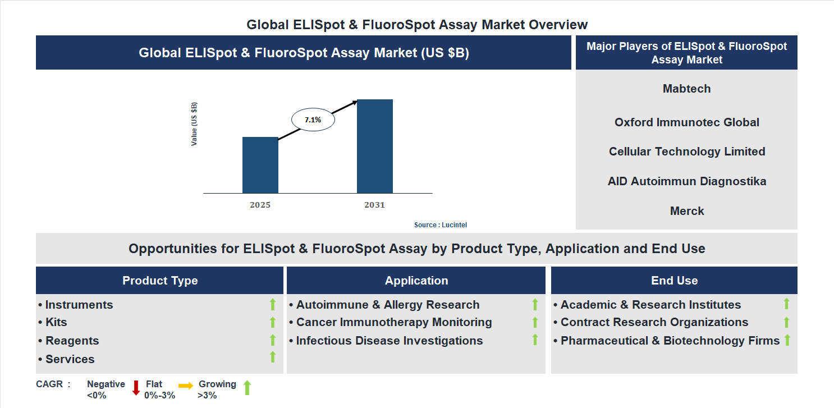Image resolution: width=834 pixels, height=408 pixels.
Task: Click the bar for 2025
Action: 260,165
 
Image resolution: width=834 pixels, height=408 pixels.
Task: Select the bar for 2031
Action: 374,146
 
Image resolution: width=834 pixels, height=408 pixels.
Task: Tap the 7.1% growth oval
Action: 313,120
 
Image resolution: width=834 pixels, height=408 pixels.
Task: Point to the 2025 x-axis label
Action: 260,205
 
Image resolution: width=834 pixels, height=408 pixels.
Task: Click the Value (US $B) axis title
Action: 194,124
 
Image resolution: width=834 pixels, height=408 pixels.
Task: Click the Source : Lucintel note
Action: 441,225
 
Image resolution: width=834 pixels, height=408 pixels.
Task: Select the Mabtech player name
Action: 686,89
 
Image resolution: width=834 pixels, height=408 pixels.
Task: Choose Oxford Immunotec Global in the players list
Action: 686,122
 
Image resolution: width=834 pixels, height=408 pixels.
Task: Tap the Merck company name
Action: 686,211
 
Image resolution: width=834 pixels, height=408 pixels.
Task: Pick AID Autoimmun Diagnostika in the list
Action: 686,181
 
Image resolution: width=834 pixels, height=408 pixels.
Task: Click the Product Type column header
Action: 160,281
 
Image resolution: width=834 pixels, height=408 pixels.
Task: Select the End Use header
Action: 674,281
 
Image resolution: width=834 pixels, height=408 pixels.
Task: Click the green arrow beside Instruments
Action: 273,305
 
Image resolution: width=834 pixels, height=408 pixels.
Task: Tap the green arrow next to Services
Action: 273,357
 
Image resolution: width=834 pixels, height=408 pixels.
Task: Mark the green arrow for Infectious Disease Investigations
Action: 535,340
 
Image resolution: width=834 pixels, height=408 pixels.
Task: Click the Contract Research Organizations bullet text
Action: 654,322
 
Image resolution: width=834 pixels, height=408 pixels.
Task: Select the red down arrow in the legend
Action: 136,388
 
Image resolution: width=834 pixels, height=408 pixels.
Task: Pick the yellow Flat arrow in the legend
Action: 186,386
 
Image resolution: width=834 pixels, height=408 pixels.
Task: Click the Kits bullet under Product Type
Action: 56,322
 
